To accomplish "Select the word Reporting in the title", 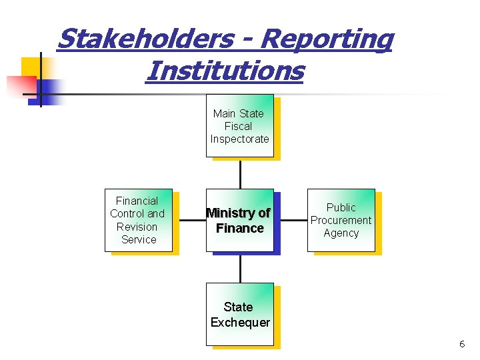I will [x=326, y=39].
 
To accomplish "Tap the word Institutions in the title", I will [x=224, y=70].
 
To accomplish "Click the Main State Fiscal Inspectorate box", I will [x=239, y=126].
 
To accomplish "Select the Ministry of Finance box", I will [x=239, y=220].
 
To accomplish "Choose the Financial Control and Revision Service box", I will [x=138, y=220].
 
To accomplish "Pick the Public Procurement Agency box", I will [x=341, y=220].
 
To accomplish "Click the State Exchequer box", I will [x=239, y=314].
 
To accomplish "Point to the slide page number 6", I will [x=461, y=344].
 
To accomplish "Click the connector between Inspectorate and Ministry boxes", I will [x=240, y=173].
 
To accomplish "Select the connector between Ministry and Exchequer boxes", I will [x=240, y=268].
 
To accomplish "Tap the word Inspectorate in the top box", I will [x=239, y=139].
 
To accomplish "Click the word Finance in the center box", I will [x=240, y=229].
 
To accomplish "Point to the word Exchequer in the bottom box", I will [x=240, y=323].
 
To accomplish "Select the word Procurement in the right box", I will [x=341, y=220].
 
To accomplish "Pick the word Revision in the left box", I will [x=137, y=227].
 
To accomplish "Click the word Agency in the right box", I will [x=341, y=233].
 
